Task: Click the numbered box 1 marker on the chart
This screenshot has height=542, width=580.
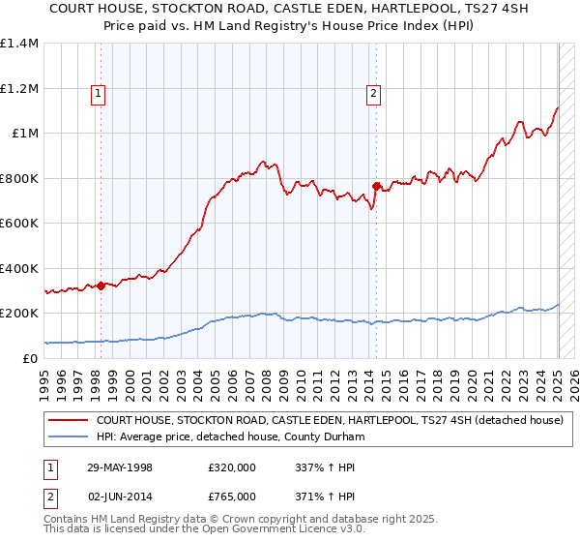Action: pos(100,94)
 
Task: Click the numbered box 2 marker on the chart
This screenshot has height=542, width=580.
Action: pos(373,94)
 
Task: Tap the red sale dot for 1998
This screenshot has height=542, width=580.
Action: pos(101,285)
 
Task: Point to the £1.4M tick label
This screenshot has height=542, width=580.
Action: pos(19,44)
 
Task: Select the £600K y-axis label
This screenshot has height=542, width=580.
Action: pos(19,224)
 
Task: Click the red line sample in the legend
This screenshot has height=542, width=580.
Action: pos(69,421)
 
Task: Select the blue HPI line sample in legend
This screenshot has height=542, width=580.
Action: pos(69,437)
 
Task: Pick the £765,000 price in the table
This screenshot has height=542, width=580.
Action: pos(232,495)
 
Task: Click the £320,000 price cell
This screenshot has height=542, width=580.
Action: pos(232,467)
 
